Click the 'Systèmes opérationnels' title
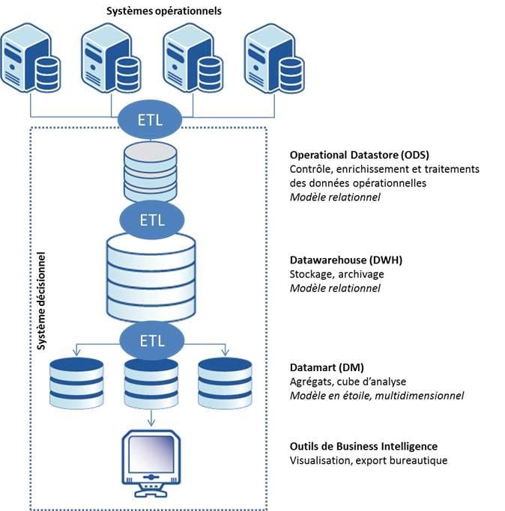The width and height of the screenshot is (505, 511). pos(165,11)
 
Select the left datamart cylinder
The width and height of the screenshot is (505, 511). pos(76,383)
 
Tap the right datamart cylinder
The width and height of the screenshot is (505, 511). pos(223,383)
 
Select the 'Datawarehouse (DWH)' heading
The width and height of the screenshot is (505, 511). pos(345,260)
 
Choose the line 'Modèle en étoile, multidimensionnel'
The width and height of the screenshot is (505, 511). pos(376,396)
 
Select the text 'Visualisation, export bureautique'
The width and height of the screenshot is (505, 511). pos(368,461)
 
